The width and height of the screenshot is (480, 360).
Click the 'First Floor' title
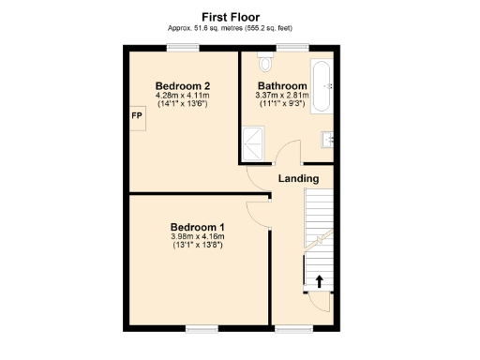click(x=231, y=16)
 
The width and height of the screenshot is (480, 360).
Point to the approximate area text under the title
click(x=231, y=28)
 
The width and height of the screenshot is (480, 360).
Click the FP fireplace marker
click(x=137, y=119)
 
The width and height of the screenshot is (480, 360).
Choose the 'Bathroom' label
click(x=283, y=85)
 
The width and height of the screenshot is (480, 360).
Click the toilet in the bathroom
click(x=264, y=62)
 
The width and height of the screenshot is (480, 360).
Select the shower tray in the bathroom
click(x=254, y=142)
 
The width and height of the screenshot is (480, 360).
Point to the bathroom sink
click(x=328, y=139)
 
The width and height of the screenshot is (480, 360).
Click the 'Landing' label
click(x=299, y=178)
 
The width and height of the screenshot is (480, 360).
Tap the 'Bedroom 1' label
click(x=197, y=227)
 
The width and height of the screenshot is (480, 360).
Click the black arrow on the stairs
click(x=319, y=280)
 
